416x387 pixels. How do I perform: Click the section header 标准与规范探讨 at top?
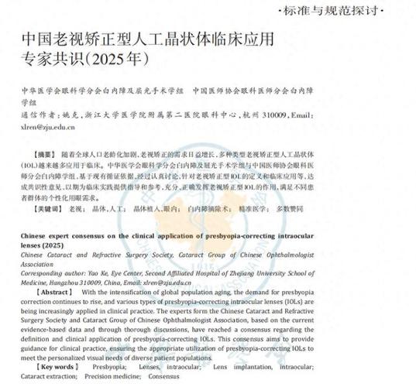click(352, 11)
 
